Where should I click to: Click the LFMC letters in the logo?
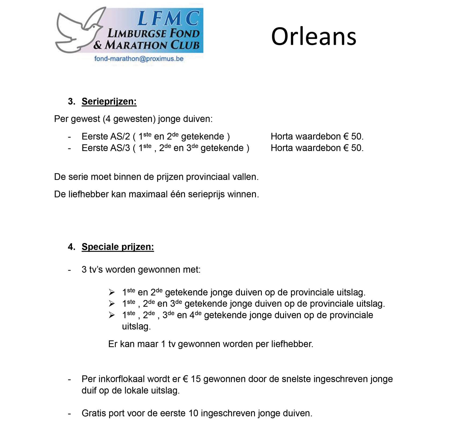(168, 18)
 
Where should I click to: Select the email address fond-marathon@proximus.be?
(139, 59)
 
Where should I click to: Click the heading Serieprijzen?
(109, 101)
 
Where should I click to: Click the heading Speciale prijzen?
(118, 247)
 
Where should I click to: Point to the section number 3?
(71, 101)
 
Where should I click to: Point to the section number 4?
(71, 247)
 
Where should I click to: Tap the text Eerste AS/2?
(106, 137)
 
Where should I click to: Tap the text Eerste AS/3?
(106, 148)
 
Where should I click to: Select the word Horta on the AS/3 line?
(282, 148)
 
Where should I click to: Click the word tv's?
(96, 270)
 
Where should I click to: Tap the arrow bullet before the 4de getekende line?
(112, 315)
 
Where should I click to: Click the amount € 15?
(191, 379)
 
